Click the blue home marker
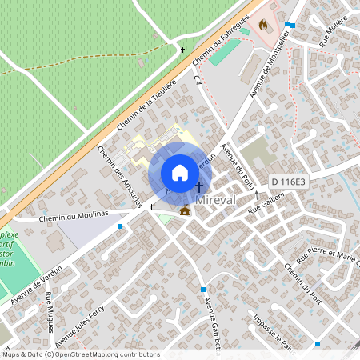click(x=180, y=172)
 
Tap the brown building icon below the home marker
click(x=186, y=211)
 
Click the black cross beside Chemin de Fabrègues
click(x=182, y=50)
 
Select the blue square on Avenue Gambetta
click(x=203, y=290)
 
